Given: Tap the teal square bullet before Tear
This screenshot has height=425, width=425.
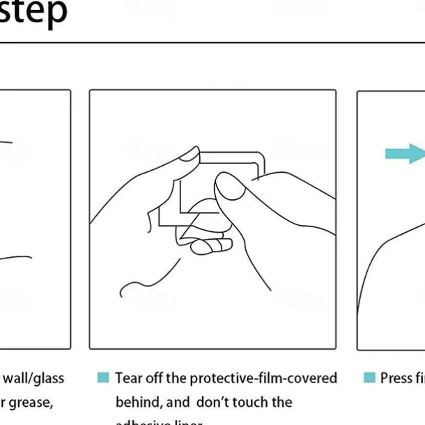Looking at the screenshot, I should pos(103,378).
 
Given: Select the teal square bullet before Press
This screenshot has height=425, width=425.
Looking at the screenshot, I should pos(369,378).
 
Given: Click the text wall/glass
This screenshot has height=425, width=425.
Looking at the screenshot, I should pos(33,378).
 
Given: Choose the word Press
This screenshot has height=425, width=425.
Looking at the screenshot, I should pos(395,378).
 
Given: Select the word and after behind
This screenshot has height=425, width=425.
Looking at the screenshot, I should pos(178,403).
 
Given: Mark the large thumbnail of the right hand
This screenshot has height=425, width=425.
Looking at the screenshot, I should pos(227,187).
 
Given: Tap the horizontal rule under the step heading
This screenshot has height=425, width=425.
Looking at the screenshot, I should pos(209,43).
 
